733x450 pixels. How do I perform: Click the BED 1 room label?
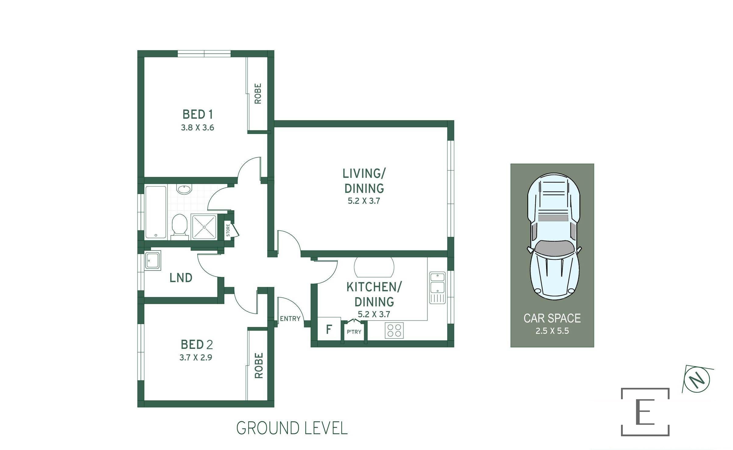(x=198, y=115)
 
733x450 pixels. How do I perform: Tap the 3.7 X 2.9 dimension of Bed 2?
(x=196, y=357)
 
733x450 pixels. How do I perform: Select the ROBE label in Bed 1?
(x=258, y=94)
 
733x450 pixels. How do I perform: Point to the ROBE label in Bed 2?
(x=258, y=366)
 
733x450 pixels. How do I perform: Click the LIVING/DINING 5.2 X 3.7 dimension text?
(x=364, y=201)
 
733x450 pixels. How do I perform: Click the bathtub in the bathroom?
(x=156, y=212)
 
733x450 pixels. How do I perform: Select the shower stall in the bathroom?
(x=204, y=227)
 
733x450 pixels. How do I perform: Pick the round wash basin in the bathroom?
(x=184, y=190)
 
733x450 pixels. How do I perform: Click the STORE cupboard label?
(x=228, y=230)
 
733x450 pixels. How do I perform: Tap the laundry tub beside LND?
(x=153, y=260)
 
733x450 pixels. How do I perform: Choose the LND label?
(x=181, y=278)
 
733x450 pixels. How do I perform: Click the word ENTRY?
(x=290, y=319)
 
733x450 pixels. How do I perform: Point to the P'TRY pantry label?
(x=354, y=332)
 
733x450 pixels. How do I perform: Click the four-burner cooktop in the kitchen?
(x=394, y=331)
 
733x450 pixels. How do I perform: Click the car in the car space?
(x=554, y=236)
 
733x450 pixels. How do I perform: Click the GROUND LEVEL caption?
(x=292, y=428)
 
